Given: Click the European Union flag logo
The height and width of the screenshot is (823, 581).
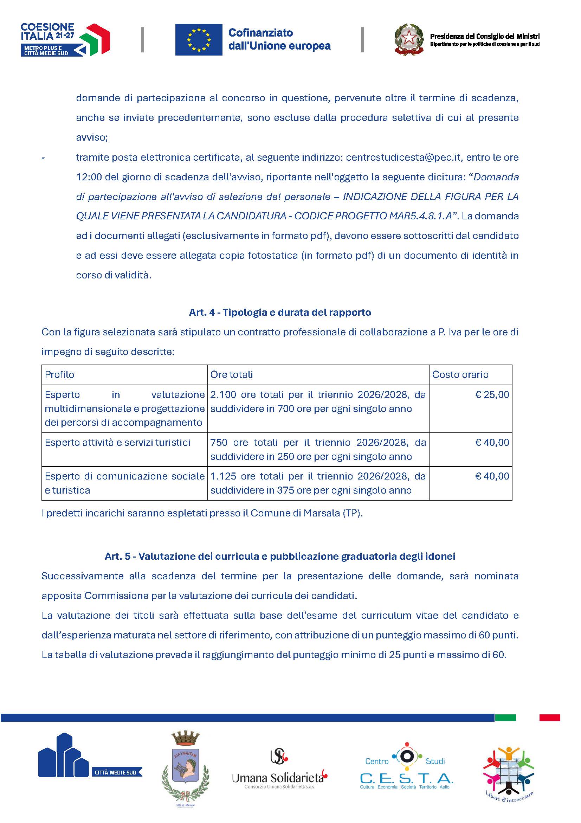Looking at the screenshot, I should click(x=199, y=39).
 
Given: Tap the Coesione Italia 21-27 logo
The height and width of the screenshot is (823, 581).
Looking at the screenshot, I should click(x=65, y=39).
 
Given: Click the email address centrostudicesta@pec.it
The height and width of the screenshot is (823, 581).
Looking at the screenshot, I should click(x=403, y=157).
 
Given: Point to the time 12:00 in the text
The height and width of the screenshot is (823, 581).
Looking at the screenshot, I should click(x=89, y=177).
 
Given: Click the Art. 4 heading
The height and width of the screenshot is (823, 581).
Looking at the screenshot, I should click(x=280, y=312).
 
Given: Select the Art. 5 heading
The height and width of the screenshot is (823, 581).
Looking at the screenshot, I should click(x=280, y=556).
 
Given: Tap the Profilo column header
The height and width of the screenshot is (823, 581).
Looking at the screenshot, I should click(x=59, y=374).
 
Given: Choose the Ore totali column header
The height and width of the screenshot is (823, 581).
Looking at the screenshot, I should click(x=232, y=374).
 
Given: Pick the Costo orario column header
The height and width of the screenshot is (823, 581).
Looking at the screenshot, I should click(x=460, y=374).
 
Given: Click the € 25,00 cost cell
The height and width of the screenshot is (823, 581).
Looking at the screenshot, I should click(x=492, y=395).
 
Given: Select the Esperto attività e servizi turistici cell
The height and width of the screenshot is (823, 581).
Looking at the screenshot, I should click(x=117, y=443).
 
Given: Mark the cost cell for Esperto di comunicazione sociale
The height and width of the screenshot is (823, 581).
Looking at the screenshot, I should click(x=492, y=476).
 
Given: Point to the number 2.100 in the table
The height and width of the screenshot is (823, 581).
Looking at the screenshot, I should click(x=223, y=395).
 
